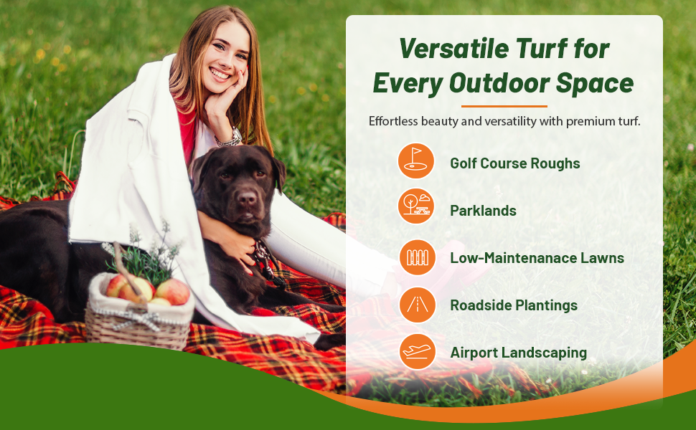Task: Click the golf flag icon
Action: (x=416, y=161)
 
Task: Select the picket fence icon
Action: (x=417, y=257)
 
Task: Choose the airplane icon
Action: (x=417, y=352)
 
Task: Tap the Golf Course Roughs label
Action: (x=514, y=163)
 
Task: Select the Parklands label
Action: (x=483, y=211)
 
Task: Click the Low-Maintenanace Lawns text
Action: (x=537, y=258)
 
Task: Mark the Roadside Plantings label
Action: (x=514, y=305)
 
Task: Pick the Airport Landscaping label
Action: (x=518, y=353)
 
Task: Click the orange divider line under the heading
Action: (x=504, y=106)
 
